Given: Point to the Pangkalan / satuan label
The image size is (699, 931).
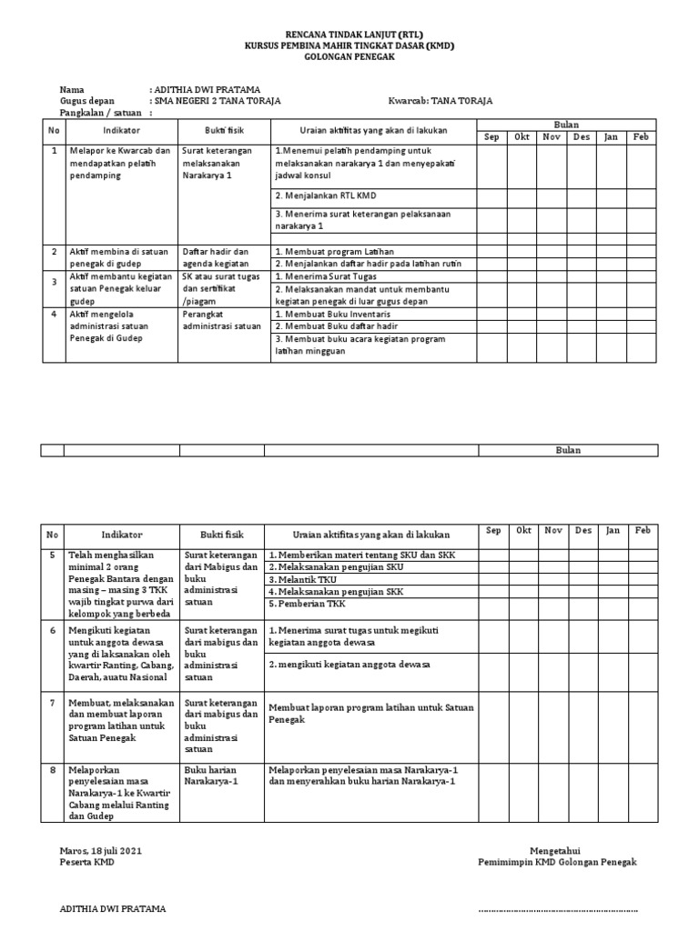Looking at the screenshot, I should (x=99, y=114).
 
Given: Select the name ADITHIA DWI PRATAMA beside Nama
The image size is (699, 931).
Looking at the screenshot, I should (x=207, y=89).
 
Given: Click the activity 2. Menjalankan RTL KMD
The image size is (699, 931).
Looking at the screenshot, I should (x=325, y=195).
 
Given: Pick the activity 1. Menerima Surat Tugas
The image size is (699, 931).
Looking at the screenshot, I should (x=332, y=276).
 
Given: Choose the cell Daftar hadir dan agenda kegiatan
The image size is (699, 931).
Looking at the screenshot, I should (x=216, y=257).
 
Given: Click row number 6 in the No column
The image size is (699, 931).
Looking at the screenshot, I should (x=53, y=629).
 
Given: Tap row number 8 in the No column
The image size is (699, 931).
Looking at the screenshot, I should (x=53, y=769).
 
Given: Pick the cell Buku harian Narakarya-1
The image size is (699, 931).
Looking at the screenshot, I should (x=211, y=775).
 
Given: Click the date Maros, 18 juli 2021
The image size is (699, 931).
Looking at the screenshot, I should (x=100, y=851).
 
